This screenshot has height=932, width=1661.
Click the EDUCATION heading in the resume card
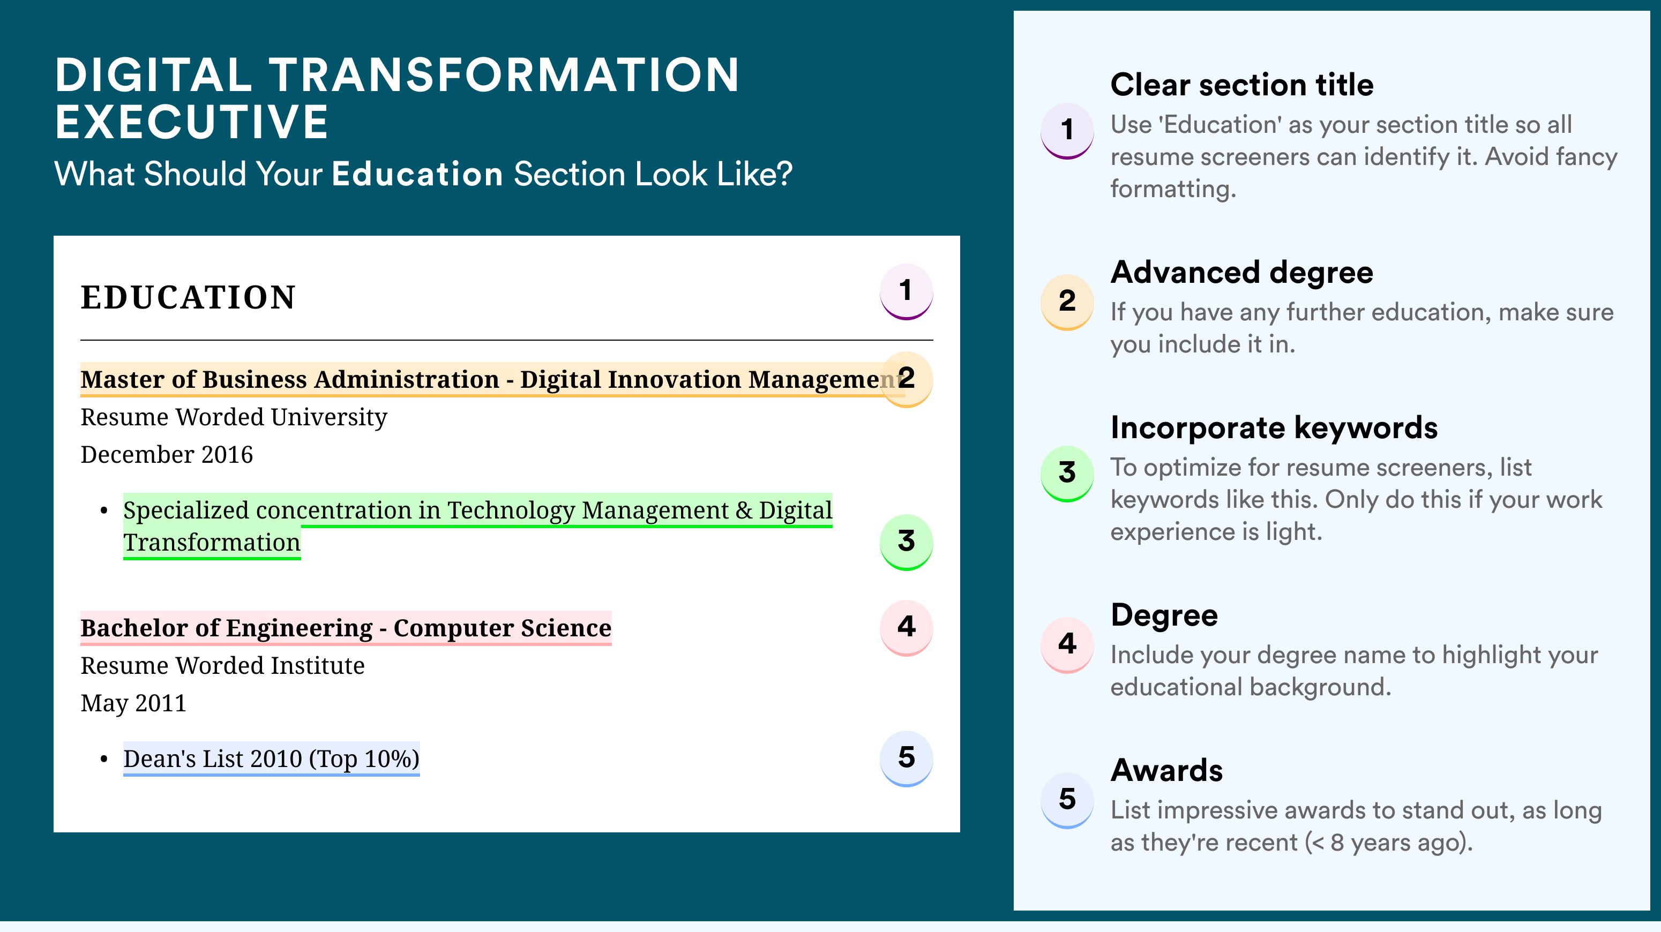click(188, 297)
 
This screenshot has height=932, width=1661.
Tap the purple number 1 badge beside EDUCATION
click(906, 291)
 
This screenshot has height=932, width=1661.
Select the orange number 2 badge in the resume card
click(906, 379)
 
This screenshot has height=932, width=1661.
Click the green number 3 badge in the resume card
click(906, 542)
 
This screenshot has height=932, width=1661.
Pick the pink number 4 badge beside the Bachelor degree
click(906, 628)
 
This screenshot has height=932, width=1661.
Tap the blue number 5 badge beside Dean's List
click(906, 758)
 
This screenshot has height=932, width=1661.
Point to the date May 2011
click(133, 703)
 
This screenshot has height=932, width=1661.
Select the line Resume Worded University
click(234, 418)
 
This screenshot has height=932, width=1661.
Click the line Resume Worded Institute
click(222, 666)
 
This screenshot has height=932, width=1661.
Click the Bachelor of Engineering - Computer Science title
click(346, 628)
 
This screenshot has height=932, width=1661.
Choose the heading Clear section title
click(1242, 85)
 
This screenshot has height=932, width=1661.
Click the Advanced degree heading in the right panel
click(1242, 273)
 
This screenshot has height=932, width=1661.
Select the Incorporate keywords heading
click(1274, 428)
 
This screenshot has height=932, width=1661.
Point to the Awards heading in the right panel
click(1166, 770)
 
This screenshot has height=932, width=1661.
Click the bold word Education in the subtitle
click(417, 174)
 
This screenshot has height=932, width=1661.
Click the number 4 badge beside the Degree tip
click(1067, 644)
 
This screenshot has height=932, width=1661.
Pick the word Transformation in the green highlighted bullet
click(212, 543)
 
